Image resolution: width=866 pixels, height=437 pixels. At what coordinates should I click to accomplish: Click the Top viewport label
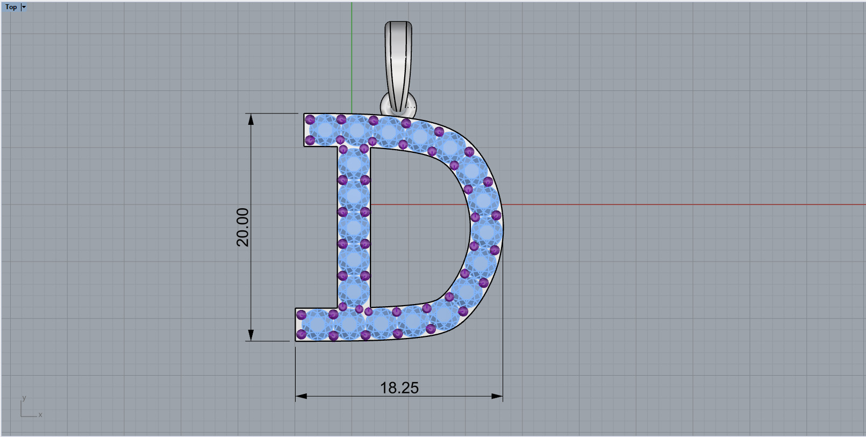(x=11, y=7)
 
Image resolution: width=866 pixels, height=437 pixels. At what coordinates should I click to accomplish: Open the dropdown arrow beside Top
(x=24, y=7)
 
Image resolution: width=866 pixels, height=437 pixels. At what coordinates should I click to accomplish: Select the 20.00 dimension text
(x=243, y=227)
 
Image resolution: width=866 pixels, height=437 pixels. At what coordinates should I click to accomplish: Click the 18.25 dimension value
(x=399, y=387)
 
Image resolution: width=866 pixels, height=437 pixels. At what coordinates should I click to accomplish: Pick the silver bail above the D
(x=398, y=59)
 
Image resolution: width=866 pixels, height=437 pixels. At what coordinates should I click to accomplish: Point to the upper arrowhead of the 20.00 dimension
(x=251, y=119)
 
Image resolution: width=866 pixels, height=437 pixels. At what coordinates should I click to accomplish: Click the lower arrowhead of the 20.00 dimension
(x=251, y=335)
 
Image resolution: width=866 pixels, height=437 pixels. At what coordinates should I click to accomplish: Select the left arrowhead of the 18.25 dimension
(x=301, y=396)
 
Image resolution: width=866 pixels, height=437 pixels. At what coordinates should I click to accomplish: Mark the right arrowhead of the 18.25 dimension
(x=497, y=396)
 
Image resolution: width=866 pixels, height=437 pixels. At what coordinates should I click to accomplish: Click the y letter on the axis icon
(x=24, y=398)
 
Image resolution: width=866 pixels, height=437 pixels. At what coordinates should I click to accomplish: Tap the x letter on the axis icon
(x=40, y=415)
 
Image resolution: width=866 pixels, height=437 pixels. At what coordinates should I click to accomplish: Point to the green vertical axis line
(x=352, y=54)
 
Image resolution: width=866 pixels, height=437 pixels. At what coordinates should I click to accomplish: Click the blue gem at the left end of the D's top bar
(x=325, y=130)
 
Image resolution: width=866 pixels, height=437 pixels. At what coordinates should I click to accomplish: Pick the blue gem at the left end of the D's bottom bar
(x=317, y=325)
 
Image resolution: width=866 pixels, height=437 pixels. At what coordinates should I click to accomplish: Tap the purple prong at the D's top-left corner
(x=310, y=119)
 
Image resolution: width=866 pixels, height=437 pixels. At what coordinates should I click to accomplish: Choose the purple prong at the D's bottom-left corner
(x=301, y=334)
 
